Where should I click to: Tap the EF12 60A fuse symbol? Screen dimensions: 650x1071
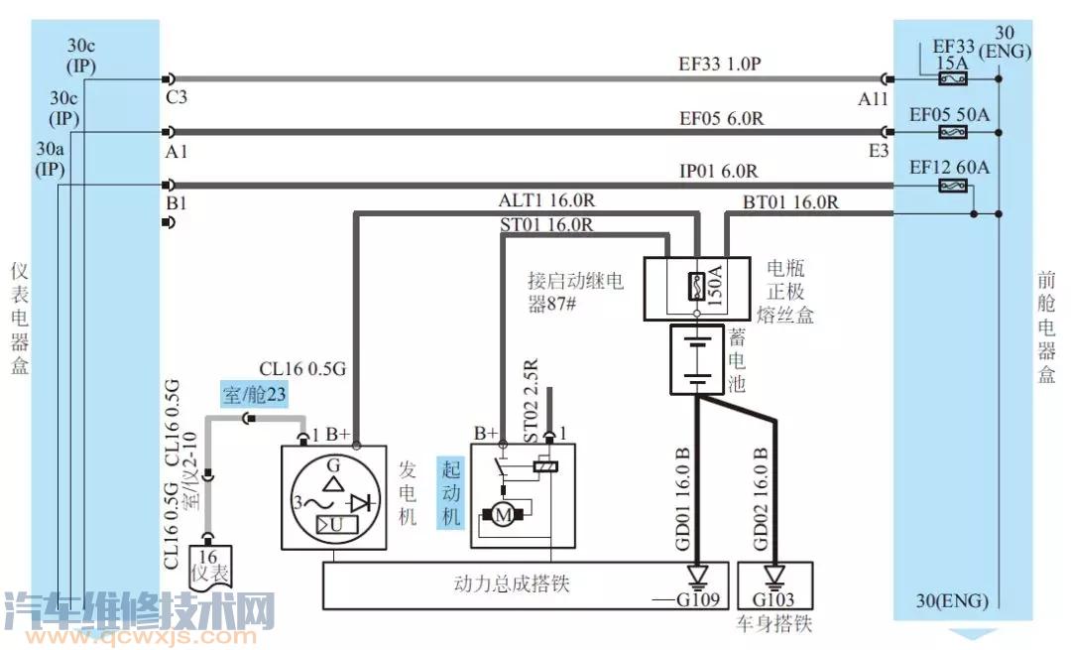tap(954, 186)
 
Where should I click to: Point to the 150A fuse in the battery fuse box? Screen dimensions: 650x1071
tap(697, 287)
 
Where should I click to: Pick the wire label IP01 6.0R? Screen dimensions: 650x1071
tap(718, 171)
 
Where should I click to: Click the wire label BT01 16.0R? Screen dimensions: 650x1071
tap(790, 202)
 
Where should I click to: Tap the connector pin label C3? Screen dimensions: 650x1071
tap(178, 97)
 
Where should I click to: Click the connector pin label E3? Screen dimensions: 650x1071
tap(879, 151)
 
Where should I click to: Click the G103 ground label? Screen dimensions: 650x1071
tap(774, 599)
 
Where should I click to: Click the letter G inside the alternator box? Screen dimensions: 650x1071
tap(332, 463)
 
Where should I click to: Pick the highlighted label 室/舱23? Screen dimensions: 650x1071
tap(255, 396)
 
